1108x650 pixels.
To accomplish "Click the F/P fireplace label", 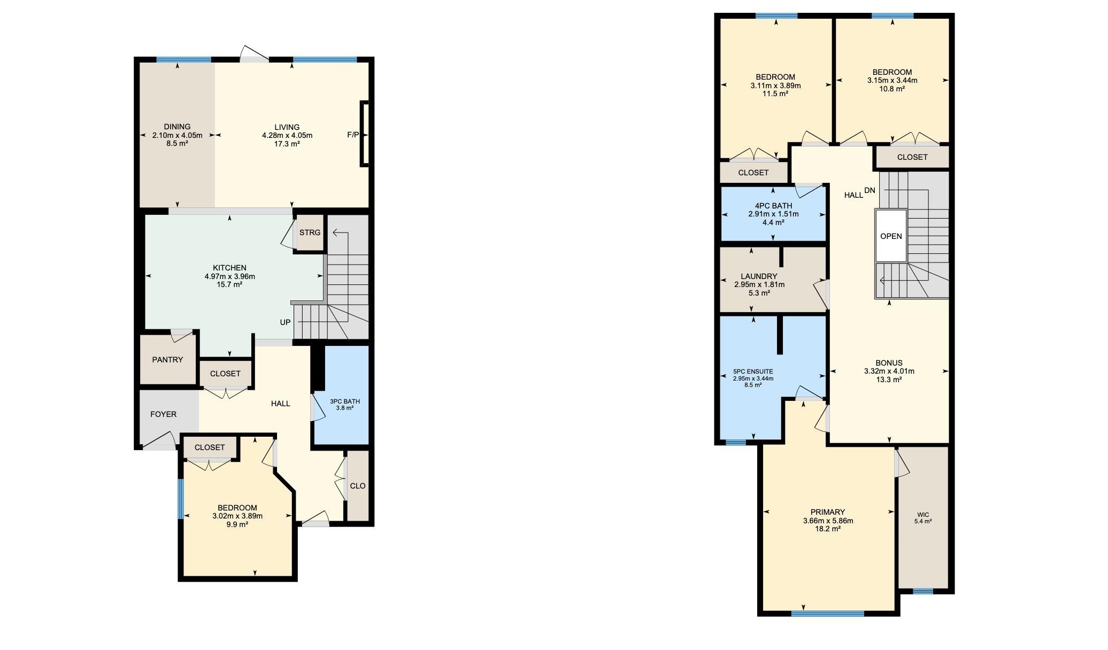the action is [x=353, y=135].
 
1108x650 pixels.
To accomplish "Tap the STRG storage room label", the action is [x=310, y=233].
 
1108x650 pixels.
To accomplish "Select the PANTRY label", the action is [x=167, y=360].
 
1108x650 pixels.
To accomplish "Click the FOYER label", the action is [x=163, y=414].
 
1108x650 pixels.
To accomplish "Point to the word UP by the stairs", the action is [x=285, y=322].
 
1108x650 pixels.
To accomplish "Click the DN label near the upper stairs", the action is [x=870, y=190].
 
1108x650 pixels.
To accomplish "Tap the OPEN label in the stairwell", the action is [x=891, y=236].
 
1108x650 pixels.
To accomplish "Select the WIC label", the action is [x=923, y=515].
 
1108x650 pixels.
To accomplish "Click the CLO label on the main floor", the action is [x=358, y=486].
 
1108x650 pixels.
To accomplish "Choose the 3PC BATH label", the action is [x=345, y=401].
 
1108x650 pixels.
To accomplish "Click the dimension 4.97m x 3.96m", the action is [x=230, y=276].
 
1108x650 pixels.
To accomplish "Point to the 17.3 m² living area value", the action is [x=287, y=144].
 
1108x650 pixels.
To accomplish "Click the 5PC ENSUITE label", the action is [x=753, y=372].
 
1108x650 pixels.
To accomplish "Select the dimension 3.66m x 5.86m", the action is [x=828, y=521].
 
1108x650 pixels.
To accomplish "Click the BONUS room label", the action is [x=889, y=363].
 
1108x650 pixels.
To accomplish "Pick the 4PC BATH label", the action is [x=773, y=206].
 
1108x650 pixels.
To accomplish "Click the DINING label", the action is [x=177, y=127].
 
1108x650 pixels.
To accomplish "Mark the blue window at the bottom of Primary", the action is [x=827, y=614].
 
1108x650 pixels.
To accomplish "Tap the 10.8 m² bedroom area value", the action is [x=892, y=89].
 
